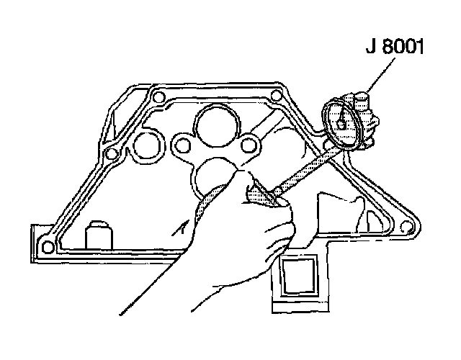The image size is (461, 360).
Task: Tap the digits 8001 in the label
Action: point(406,50)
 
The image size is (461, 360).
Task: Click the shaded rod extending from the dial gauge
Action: point(303,166)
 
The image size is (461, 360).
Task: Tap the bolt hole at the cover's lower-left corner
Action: point(48,247)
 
